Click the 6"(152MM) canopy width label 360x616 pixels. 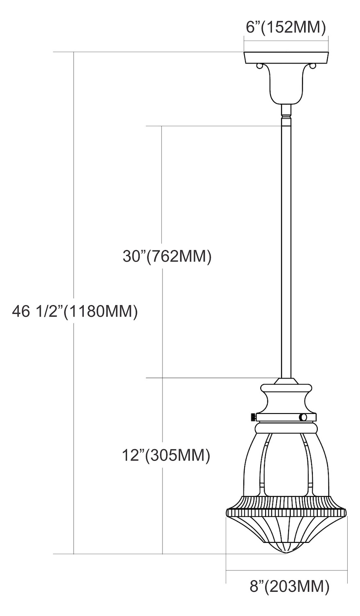[286, 28]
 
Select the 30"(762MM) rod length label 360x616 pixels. [167, 257]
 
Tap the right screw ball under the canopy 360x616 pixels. [312, 66]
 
